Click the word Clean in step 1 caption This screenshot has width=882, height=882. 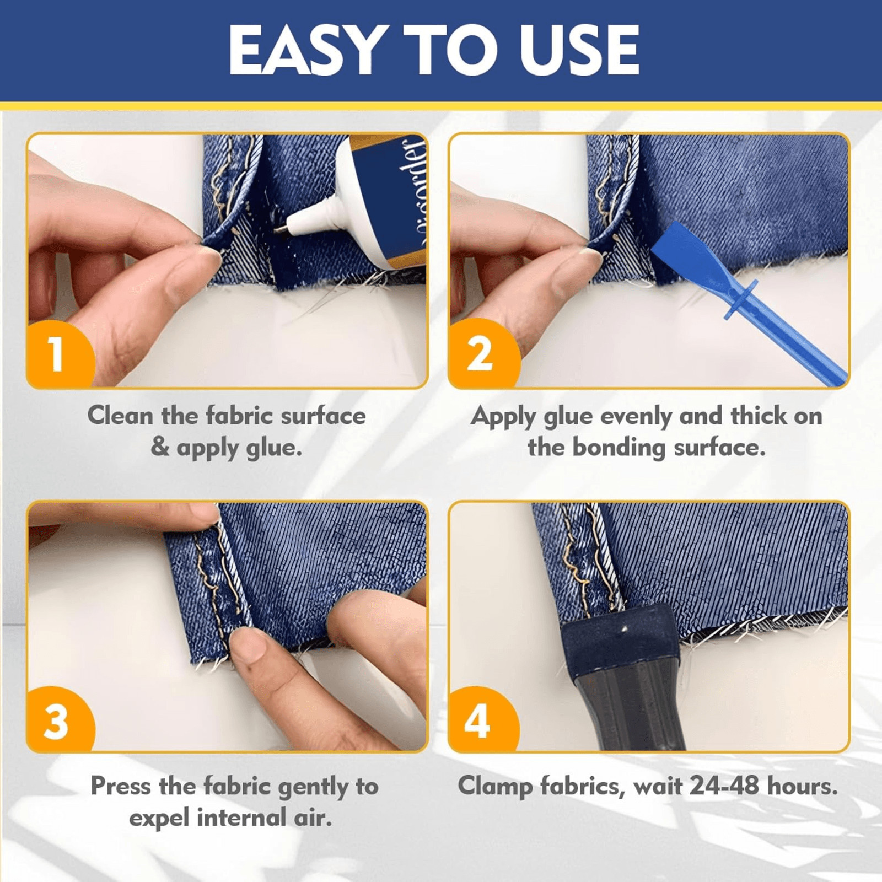pos(120,416)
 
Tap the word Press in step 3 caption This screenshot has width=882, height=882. pos(121,786)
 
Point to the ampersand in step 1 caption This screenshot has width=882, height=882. pos(159,447)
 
